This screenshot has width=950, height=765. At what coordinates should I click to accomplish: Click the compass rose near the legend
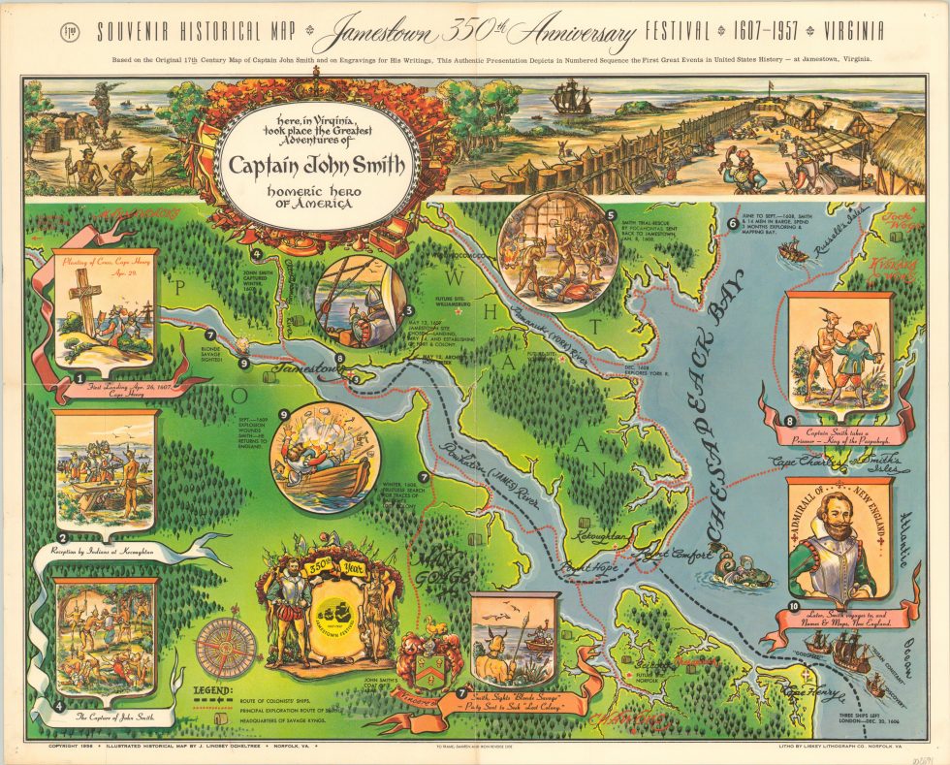(x=225, y=647)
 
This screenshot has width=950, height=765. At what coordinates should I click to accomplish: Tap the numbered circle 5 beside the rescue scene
(x=611, y=215)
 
